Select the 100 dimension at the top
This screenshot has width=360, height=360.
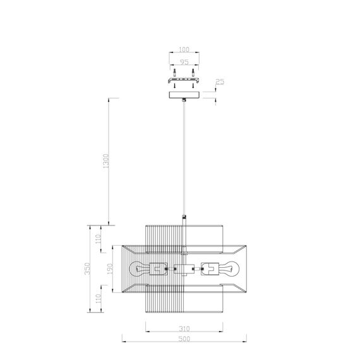point(184,49)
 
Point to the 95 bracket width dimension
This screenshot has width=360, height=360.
point(184,63)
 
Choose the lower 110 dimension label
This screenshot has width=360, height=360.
point(98,297)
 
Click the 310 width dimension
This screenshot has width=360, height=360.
point(184,329)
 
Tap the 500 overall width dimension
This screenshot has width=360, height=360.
point(184,339)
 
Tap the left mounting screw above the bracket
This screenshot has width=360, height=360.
point(174,72)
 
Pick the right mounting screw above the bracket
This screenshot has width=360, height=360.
point(193,72)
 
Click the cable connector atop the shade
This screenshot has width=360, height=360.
point(184,219)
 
